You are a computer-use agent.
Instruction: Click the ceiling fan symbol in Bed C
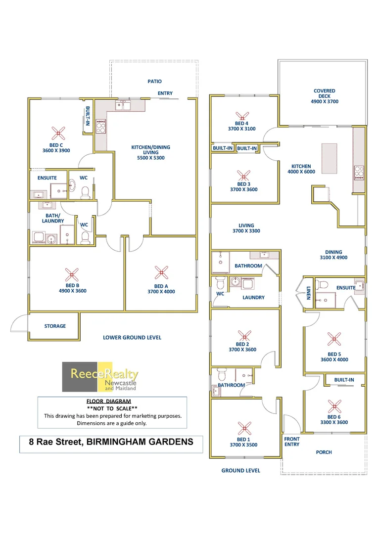58,133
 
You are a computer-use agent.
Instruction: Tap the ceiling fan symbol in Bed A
160,272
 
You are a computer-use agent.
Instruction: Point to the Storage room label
55,326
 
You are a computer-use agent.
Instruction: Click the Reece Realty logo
100,377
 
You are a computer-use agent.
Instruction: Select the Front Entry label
292,442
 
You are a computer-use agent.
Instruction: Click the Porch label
324,452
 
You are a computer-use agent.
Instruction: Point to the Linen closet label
308,292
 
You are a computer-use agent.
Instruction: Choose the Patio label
154,82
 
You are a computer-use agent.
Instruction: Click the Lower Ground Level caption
132,338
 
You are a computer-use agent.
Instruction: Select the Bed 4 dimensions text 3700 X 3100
242,129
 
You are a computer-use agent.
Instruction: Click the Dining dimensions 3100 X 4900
333,258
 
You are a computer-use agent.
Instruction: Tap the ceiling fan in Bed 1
242,428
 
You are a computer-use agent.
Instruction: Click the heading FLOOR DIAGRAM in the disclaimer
112,401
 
